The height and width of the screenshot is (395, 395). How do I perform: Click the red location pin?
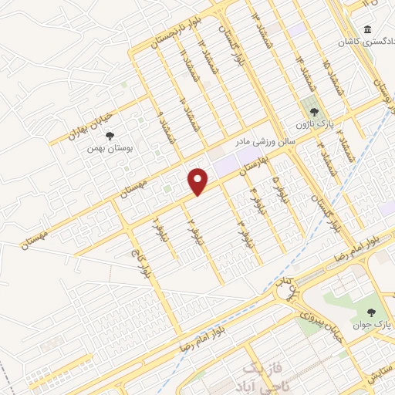[x=199, y=181]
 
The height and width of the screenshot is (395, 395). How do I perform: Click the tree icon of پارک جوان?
[x=372, y=312]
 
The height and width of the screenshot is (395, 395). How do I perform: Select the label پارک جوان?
[x=374, y=326]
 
